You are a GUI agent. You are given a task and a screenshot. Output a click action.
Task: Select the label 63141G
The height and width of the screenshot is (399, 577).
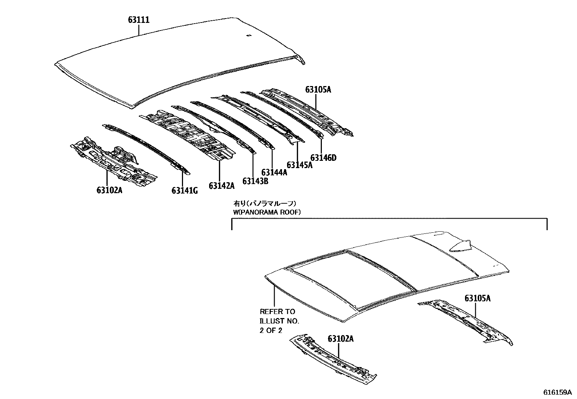184,190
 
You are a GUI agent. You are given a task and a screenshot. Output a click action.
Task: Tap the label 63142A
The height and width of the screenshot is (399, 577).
221,186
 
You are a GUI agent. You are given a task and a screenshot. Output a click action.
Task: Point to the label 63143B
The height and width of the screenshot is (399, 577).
255,181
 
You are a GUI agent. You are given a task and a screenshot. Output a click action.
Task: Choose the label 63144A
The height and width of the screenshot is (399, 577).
274,172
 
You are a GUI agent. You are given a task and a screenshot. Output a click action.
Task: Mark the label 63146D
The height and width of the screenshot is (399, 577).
324,158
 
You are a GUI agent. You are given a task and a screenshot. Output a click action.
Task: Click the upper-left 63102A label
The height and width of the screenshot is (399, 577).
109,190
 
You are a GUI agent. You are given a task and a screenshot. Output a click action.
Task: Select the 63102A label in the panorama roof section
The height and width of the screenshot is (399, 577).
340,338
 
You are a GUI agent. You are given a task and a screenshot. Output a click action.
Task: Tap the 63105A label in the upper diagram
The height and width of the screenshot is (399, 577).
318,89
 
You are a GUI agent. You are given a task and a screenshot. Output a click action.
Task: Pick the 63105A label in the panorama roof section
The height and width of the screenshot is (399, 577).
478,298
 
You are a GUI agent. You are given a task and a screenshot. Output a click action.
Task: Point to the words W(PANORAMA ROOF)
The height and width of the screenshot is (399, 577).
267,212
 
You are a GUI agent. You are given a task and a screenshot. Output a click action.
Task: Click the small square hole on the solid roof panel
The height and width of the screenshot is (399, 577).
248,35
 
